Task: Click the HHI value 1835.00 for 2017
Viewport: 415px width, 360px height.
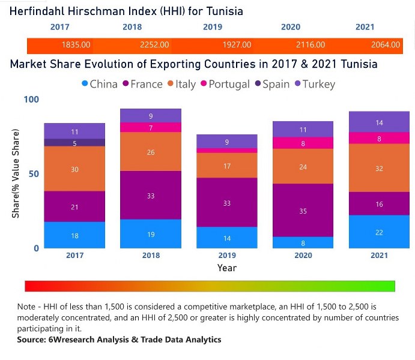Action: pos(76,45)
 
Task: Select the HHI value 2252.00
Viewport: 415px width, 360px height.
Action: pos(154,45)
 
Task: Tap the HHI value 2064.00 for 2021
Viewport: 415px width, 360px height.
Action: pos(385,45)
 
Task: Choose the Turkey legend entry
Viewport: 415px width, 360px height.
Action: pos(317,84)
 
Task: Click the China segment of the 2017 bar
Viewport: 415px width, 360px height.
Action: pos(74,235)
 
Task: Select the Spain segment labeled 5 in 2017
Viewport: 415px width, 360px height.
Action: pos(74,143)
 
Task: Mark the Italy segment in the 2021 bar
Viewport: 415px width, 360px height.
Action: pos(378,168)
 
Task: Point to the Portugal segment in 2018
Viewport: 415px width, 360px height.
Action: pos(151,127)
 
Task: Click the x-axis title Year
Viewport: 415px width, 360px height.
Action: pos(227,268)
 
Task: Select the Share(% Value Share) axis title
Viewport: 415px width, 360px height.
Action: pos(17,174)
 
